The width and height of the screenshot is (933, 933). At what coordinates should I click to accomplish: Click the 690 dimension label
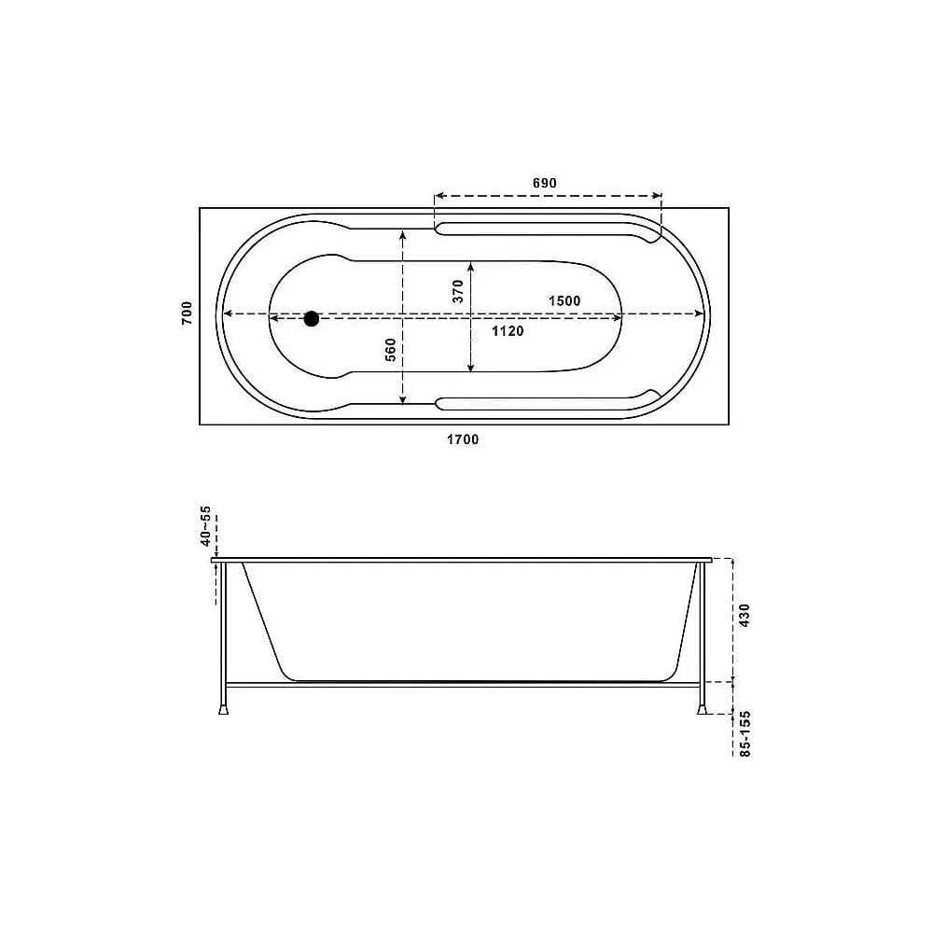[x=545, y=183]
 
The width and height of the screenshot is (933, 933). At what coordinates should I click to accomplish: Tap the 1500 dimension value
[x=564, y=300]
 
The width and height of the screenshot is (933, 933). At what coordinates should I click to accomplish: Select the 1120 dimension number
[x=508, y=331]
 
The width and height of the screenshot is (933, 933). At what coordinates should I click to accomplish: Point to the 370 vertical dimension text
[x=457, y=291]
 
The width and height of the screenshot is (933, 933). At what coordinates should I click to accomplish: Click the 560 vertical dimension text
[x=390, y=350]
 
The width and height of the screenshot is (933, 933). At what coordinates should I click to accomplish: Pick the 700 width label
[x=188, y=313]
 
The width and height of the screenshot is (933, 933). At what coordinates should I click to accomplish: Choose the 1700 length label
[x=463, y=439]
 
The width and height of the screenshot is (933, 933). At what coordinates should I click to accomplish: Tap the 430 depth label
[x=745, y=615]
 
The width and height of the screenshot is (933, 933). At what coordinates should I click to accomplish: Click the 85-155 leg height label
[x=745, y=733]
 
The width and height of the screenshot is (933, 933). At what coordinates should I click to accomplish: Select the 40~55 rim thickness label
[x=205, y=526]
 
